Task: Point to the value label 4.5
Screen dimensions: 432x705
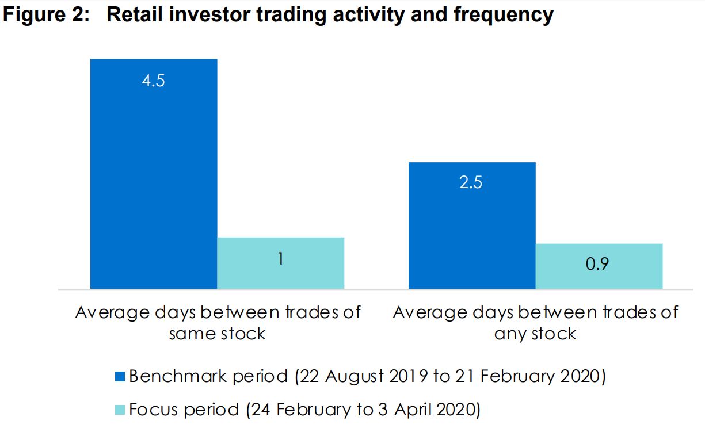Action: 153,80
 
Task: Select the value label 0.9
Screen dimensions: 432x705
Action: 599,264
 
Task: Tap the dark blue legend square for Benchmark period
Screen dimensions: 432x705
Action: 120,377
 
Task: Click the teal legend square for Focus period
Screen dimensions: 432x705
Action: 120,410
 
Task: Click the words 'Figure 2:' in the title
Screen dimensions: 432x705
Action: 45,15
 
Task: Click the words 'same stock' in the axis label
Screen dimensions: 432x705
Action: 217,334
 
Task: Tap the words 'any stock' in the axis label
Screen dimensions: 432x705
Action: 535,334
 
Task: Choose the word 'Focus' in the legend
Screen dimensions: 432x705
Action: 154,410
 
